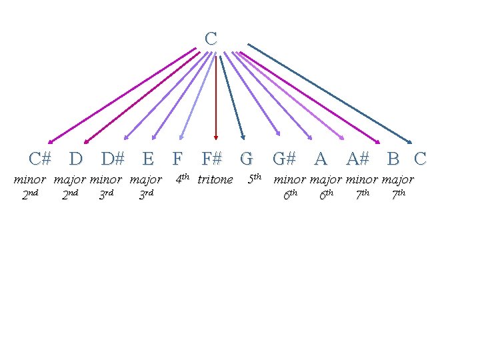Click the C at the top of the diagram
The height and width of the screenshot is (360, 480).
pyautogui.click(x=211, y=39)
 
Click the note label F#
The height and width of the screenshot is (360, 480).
pyautogui.click(x=212, y=159)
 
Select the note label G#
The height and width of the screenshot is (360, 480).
pyautogui.click(x=284, y=159)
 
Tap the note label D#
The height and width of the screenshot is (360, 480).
pyautogui.click(x=113, y=159)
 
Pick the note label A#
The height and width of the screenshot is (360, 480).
pyautogui.click(x=358, y=159)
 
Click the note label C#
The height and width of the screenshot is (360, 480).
pyautogui.click(x=40, y=159)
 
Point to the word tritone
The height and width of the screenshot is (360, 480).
pyautogui.click(x=215, y=179)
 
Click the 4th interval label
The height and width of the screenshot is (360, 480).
pyautogui.click(x=182, y=179)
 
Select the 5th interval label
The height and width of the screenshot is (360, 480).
pyautogui.click(x=254, y=179)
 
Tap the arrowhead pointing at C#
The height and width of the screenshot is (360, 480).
pyautogui.click(x=50, y=141)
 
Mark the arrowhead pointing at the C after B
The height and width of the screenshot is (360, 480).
pyautogui.click(x=411, y=141)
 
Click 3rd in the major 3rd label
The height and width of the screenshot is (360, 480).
pyautogui.click(x=146, y=195)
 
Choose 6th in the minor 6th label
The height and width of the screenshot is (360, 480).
pyautogui.click(x=290, y=195)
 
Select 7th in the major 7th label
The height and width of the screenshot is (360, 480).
pyautogui.click(x=399, y=195)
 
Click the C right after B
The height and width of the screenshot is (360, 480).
pyautogui.click(x=420, y=159)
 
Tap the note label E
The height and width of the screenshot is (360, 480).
pyautogui.click(x=148, y=159)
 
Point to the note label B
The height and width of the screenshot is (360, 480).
pyautogui.click(x=393, y=159)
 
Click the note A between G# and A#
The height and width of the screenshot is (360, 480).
pyautogui.click(x=321, y=159)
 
